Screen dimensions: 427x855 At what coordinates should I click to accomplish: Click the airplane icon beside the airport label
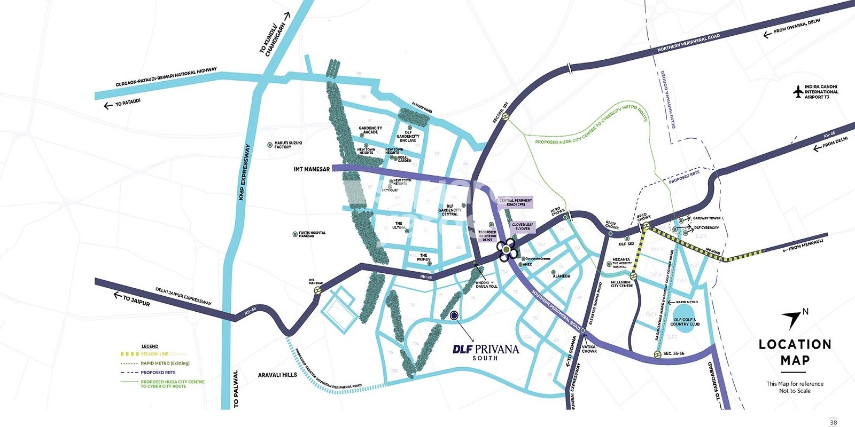point(798,92)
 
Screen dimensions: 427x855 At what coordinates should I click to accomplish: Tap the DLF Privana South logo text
point(485,351)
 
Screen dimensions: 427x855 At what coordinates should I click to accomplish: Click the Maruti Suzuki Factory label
point(288,145)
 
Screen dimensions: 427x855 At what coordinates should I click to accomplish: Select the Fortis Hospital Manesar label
point(312,234)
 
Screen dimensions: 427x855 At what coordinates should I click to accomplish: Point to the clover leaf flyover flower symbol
point(506,249)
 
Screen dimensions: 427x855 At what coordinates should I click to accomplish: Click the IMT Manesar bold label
point(312,169)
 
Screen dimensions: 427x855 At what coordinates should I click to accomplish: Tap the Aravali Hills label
point(277,375)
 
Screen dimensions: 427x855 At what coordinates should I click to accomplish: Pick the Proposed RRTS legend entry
point(158,373)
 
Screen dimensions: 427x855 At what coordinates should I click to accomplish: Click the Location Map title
point(795,352)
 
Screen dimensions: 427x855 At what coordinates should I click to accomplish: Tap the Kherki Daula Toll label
point(486,284)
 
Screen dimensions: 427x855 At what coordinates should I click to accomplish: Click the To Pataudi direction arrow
point(108,106)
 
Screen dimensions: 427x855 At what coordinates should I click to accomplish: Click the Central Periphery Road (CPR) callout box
point(516,202)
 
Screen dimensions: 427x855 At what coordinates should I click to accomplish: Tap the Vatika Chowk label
point(589,349)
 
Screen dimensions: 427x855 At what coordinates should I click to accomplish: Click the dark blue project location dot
point(454,315)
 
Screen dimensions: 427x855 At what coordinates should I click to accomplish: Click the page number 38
point(833,422)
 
